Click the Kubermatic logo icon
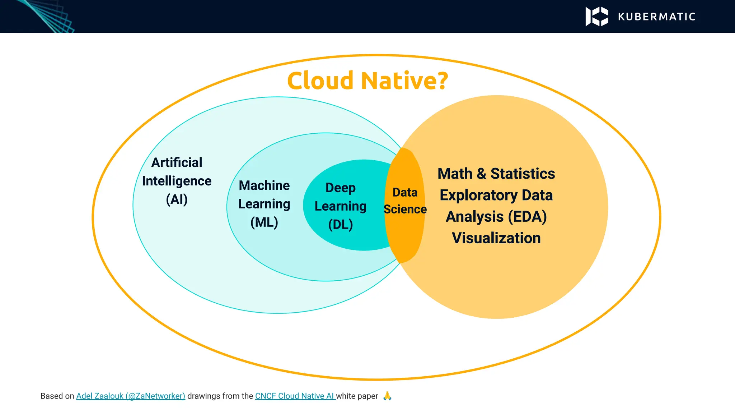(596, 17)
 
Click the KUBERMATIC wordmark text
(657, 17)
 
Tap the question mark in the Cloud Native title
(441, 80)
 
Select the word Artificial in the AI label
(177, 162)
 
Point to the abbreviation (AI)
(177, 199)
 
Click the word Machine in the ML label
(264, 185)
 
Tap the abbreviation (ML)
(264, 222)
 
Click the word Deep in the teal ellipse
(340, 188)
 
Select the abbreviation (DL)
(340, 225)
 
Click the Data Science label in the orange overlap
(405, 201)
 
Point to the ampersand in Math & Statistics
(481, 174)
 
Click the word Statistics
(523, 174)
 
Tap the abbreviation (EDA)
(527, 217)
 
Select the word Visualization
(496, 238)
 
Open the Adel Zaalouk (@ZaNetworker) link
(131, 396)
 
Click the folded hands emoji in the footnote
(387, 396)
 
